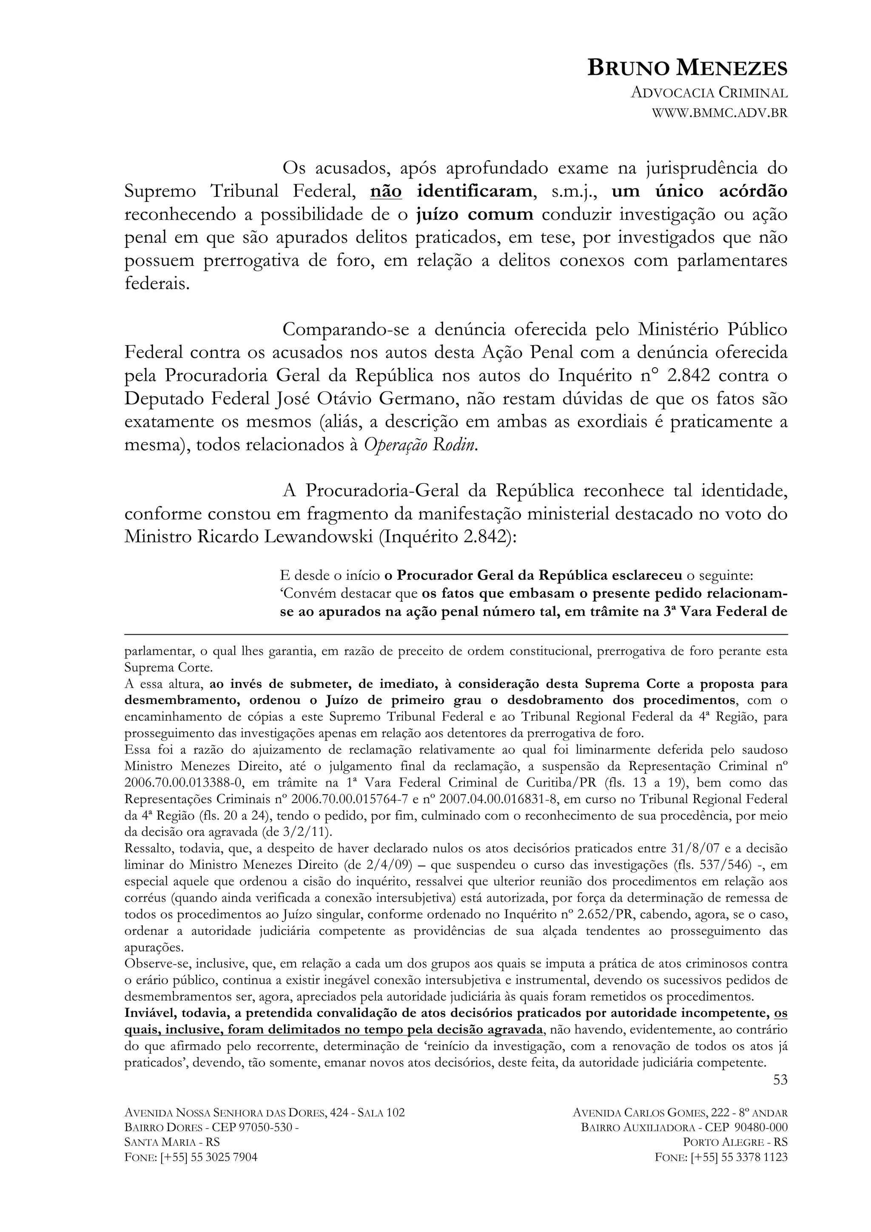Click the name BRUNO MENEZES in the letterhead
(687, 68)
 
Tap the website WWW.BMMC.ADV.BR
(719, 113)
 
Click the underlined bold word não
(386, 191)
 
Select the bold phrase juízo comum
(474, 214)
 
